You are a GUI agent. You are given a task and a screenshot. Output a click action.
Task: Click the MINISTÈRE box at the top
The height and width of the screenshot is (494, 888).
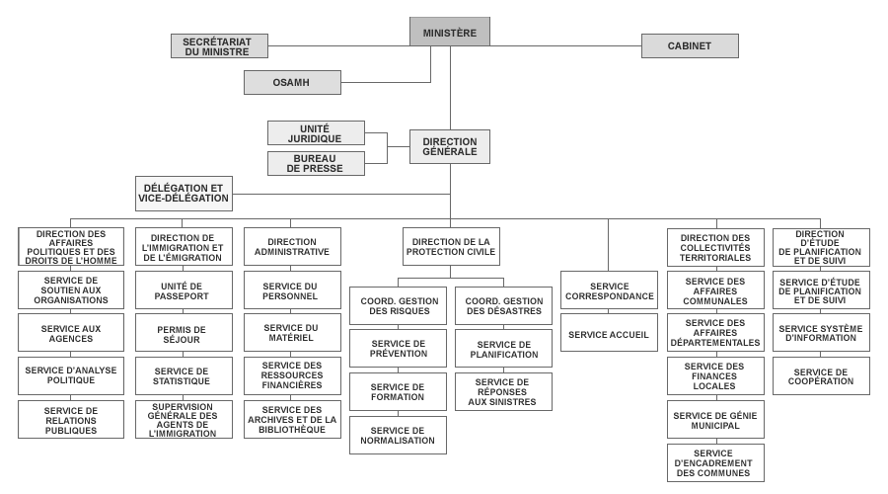[x=450, y=32]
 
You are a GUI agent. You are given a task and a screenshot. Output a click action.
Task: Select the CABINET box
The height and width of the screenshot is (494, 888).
[x=690, y=45]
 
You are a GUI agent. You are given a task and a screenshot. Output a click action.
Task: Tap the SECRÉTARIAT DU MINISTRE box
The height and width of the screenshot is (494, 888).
[x=219, y=45]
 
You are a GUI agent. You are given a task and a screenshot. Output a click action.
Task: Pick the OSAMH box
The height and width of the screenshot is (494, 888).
[x=292, y=82]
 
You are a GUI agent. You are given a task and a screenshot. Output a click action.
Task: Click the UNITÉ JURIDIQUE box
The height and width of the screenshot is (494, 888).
[x=316, y=133]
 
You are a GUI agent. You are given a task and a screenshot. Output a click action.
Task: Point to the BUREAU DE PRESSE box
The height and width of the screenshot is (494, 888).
[x=316, y=163]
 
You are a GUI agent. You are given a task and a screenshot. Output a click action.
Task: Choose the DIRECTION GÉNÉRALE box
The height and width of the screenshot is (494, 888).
[x=450, y=147]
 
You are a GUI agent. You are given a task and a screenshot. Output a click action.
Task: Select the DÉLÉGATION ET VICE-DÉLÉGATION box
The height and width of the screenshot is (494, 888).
[x=185, y=194]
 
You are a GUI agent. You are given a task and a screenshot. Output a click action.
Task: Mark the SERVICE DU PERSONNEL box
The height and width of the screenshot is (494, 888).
[x=292, y=289]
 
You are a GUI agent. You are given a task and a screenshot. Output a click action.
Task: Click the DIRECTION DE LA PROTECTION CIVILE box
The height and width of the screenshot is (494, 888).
[x=451, y=247]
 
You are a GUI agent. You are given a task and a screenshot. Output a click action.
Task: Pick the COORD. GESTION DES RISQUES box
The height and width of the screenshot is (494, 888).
[x=399, y=305]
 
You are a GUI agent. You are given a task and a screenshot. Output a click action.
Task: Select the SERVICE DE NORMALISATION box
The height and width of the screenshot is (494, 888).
[x=399, y=435]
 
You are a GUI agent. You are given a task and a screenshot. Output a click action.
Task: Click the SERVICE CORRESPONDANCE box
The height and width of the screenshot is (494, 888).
[x=610, y=289]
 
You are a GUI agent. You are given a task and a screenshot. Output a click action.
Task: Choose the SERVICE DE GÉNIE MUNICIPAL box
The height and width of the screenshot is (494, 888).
[x=716, y=420]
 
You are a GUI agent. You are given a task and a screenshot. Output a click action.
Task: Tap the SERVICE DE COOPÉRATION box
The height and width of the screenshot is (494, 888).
[x=821, y=376]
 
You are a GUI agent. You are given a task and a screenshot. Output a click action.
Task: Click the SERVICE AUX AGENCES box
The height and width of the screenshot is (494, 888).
[x=71, y=333]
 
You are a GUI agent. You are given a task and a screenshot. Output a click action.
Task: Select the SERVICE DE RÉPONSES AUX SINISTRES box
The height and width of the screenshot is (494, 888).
[x=503, y=392]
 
